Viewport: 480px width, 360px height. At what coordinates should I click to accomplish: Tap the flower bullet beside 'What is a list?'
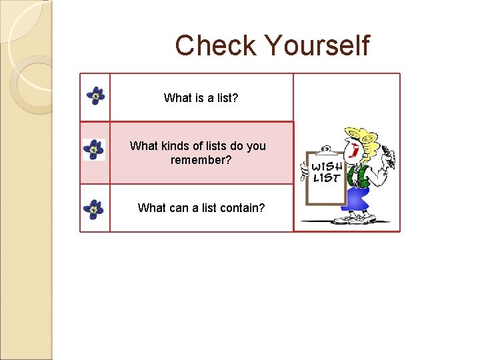[96, 96]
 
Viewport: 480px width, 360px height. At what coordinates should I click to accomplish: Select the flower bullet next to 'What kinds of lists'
[94, 150]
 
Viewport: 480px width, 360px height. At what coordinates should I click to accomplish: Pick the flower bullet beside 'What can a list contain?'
[93, 209]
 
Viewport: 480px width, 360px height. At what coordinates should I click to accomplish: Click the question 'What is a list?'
[201, 98]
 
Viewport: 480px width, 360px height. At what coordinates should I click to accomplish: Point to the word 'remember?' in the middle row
[201, 160]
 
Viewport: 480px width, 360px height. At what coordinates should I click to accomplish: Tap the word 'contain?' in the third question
[242, 207]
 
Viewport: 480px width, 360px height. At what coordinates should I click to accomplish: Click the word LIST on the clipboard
[326, 178]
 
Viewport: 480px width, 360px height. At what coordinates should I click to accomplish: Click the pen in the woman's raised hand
[390, 159]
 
